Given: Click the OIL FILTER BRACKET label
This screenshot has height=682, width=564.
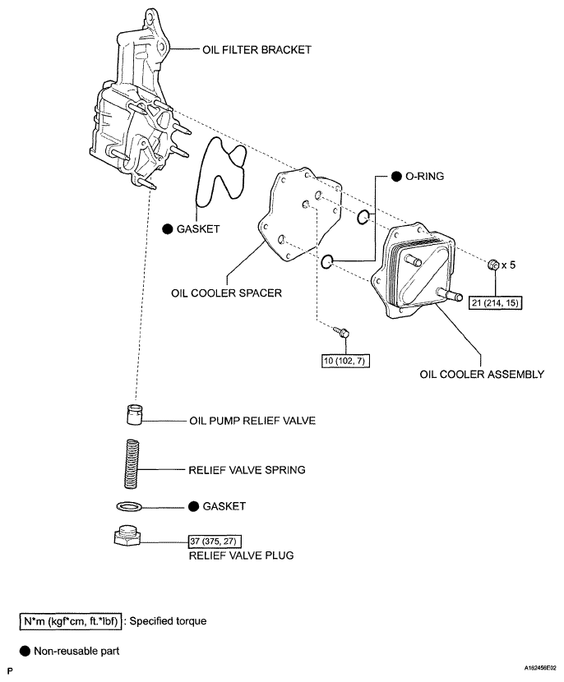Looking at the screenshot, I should [257, 50].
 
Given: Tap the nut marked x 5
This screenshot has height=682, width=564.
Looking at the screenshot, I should [491, 265].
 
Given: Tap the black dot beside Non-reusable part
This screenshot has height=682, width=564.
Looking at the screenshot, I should [25, 652].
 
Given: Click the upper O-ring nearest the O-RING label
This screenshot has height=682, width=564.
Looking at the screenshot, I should [364, 217].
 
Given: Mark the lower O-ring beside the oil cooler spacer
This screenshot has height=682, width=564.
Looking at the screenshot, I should [326, 262].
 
